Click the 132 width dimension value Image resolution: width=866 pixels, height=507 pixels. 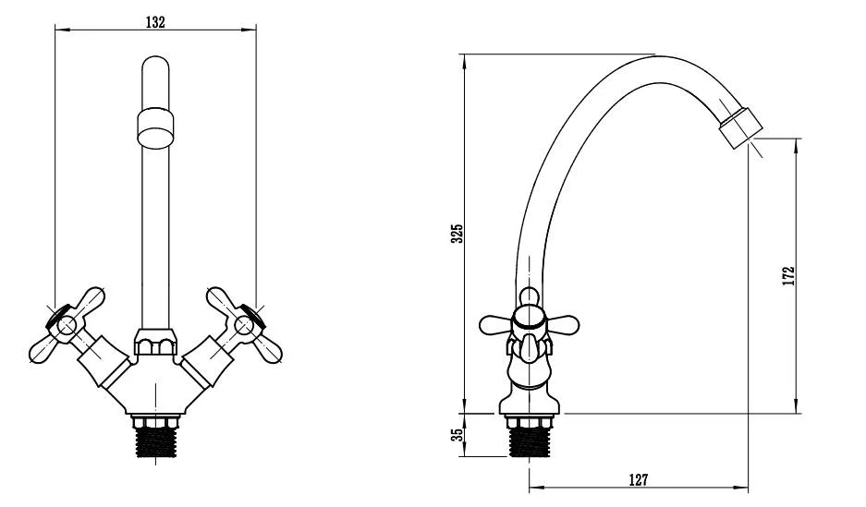pyautogui.click(x=155, y=22)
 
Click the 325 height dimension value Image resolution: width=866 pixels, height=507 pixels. pyautogui.click(x=457, y=234)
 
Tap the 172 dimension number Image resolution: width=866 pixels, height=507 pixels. pyautogui.click(x=788, y=275)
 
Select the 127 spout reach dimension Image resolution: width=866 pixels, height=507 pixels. pyautogui.click(x=638, y=480)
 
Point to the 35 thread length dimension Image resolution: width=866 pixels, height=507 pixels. pyautogui.click(x=457, y=435)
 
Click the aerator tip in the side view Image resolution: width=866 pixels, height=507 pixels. pyautogui.click(x=740, y=129)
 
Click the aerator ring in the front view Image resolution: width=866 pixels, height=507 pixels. pyautogui.click(x=155, y=128)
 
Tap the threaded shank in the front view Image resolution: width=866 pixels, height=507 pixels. pyautogui.click(x=156, y=437)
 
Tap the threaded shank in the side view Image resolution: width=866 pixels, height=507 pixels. pyautogui.click(x=530, y=437)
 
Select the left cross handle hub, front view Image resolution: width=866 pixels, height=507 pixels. pyautogui.click(x=67, y=325)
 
